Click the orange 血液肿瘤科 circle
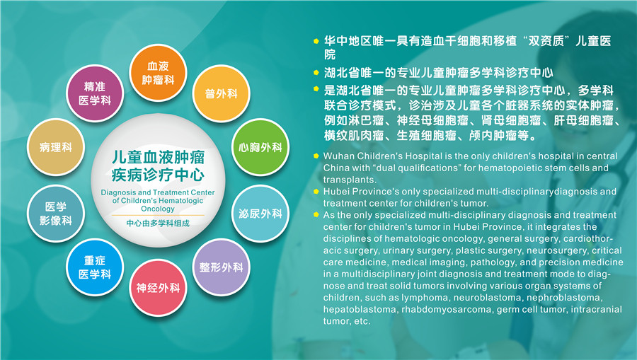158,73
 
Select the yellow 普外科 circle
221,94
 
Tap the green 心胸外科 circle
260,147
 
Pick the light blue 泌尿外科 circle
260,214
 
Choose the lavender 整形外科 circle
221,267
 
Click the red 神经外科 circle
158,288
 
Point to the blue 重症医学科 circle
95,267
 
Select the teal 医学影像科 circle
56,214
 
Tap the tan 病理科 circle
56,147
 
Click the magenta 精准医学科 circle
95,94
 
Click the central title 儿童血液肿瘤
158,158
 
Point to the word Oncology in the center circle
158,209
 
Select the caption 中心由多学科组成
158,223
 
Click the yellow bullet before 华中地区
316,41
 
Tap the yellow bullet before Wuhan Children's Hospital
316,156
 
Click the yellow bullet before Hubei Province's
316,191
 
